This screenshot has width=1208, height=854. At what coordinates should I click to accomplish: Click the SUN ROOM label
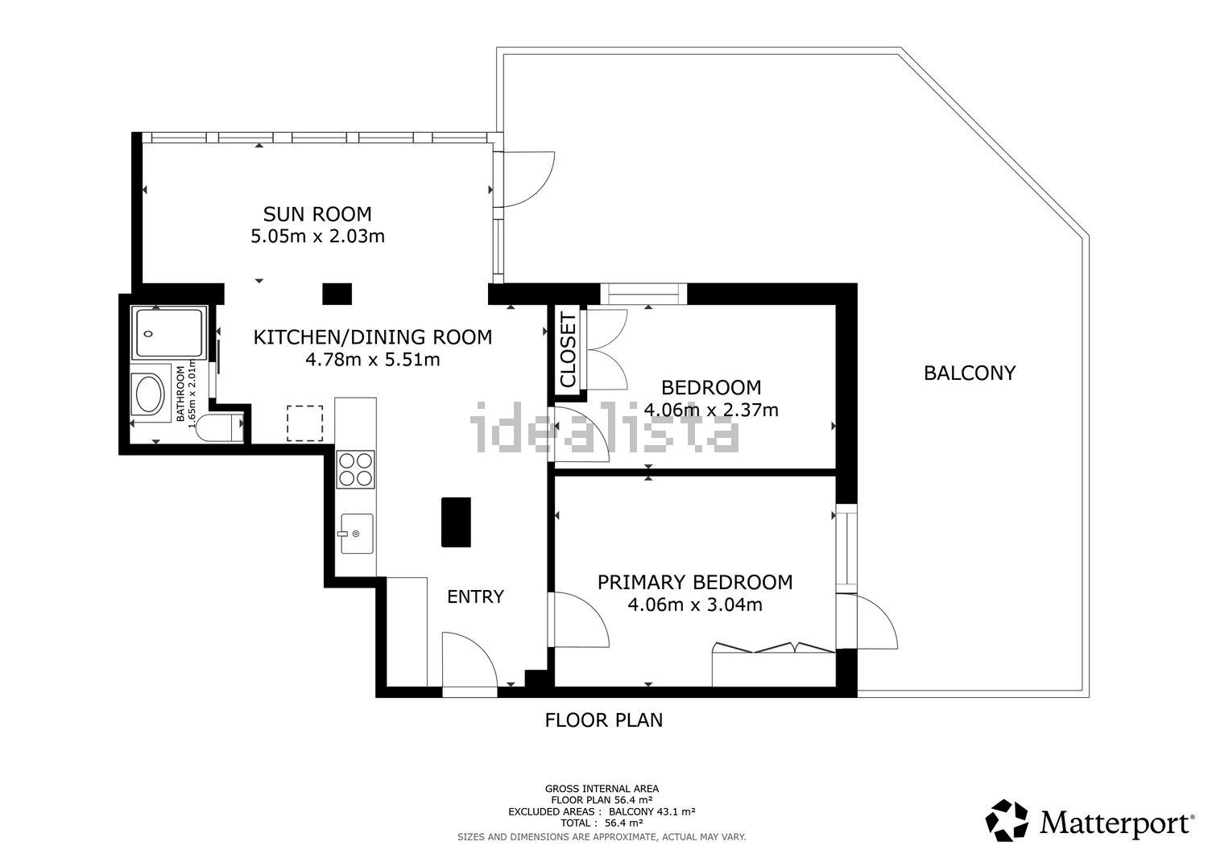[317, 214]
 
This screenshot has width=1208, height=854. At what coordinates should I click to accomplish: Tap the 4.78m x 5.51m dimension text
[373, 359]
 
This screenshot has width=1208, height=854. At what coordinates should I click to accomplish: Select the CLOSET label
[569, 349]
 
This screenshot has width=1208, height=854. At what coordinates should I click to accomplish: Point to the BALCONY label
[970, 373]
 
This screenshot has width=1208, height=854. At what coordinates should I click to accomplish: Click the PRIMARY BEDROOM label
[695, 582]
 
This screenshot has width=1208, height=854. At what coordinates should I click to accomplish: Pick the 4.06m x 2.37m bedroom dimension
[711, 410]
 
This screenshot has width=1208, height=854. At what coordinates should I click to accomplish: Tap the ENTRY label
[475, 596]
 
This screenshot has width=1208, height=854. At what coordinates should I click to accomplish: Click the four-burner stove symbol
[355, 469]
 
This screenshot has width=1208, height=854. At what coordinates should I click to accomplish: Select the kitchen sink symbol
[357, 533]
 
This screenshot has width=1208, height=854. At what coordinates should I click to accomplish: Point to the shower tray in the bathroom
[169, 332]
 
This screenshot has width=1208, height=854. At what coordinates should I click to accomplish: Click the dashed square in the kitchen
[304, 423]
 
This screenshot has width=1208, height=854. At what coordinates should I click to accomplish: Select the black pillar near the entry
[456, 522]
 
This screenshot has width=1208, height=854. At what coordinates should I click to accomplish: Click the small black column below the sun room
[337, 294]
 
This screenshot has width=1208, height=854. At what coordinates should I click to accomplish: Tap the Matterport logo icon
[1007, 820]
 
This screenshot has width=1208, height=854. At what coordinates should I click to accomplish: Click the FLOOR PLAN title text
[603, 720]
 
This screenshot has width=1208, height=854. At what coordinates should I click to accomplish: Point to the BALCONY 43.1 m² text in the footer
[652, 811]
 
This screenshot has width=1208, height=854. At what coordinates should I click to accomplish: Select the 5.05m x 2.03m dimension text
[317, 236]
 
